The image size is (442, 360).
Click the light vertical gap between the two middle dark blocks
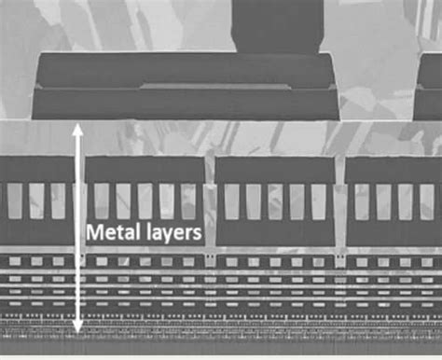click(210, 201)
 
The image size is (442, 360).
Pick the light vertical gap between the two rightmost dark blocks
click(339, 201)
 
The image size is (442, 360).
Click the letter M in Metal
click(94, 233)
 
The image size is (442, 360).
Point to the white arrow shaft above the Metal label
click(78, 177)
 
